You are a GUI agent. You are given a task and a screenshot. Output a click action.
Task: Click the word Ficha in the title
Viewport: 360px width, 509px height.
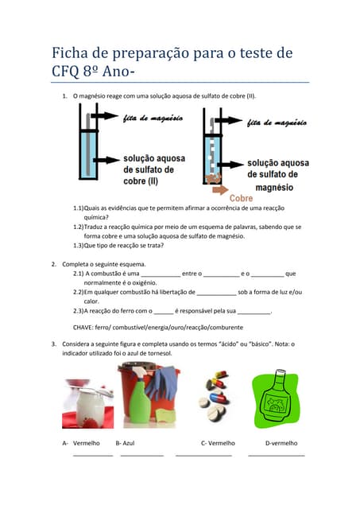(69, 53)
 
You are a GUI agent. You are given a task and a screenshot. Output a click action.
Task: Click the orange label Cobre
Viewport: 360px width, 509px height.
(242, 197)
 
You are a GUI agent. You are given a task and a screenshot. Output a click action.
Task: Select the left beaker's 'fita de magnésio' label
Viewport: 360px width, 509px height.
(153, 119)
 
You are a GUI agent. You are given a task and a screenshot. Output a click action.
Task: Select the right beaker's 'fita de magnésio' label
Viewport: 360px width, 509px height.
(277, 122)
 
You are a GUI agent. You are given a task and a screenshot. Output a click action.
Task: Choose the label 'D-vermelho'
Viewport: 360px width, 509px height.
(281, 443)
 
